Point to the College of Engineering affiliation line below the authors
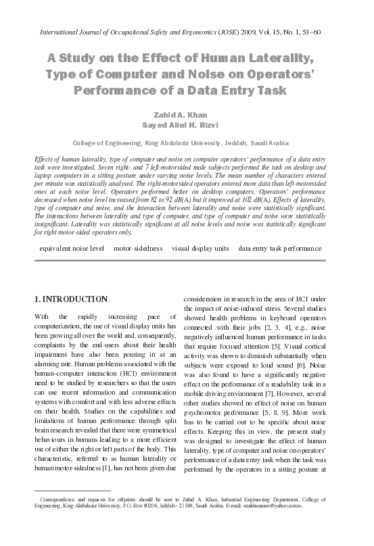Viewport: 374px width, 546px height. pos(180,144)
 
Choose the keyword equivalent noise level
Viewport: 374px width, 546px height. pos(72,249)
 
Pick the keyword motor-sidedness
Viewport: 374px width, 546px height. pos(138,249)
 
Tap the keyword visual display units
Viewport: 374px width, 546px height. pos(200,249)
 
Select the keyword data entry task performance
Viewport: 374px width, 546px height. pos(279,249)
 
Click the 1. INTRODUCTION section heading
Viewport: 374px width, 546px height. pos(70,299)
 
